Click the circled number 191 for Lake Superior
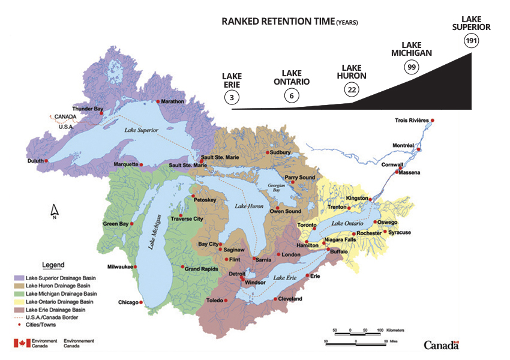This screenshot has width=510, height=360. [471, 41]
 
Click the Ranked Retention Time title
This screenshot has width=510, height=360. [289, 21]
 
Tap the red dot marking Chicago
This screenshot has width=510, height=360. [141, 302]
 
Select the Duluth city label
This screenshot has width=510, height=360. [35, 161]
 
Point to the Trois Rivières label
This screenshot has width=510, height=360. [412, 120]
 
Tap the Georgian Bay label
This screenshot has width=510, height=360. [277, 187]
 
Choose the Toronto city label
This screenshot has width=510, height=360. [307, 225]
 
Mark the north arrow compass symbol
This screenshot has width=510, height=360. [54, 210]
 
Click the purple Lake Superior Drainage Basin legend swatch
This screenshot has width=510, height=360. [19, 278]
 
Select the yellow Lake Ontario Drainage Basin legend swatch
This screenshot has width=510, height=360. [19, 302]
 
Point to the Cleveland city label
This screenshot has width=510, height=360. [290, 299]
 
